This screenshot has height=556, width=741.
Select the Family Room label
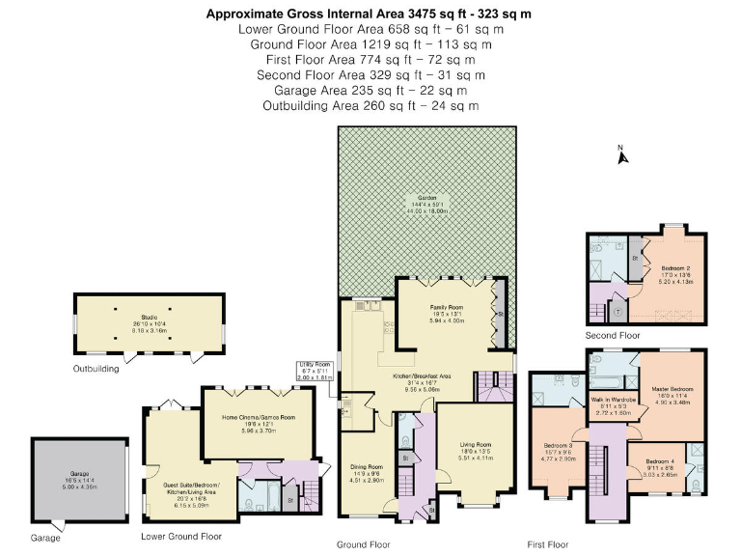pos(447,308)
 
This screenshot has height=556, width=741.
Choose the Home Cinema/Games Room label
pos(258,416)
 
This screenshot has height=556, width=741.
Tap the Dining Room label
pos(367,466)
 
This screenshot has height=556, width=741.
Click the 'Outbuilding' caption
pos(97,369)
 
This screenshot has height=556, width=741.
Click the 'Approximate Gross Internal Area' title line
pos(370,14)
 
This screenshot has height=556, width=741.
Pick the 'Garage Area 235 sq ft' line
pos(370,90)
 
